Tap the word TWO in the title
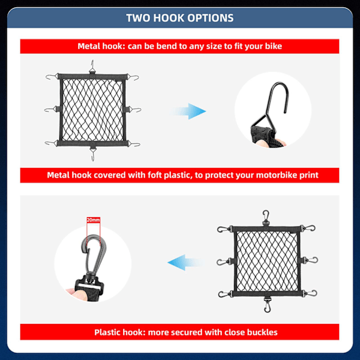point(138,18)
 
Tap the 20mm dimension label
point(93,220)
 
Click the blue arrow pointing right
point(189,112)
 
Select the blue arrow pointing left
point(185,262)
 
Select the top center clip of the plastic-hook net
point(266,217)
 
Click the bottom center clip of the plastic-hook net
point(267,304)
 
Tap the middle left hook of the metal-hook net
point(50,110)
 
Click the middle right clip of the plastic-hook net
point(310,260)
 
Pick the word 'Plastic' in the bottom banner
point(107,332)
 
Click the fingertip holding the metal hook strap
point(262,143)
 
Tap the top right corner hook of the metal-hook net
point(133,77)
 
